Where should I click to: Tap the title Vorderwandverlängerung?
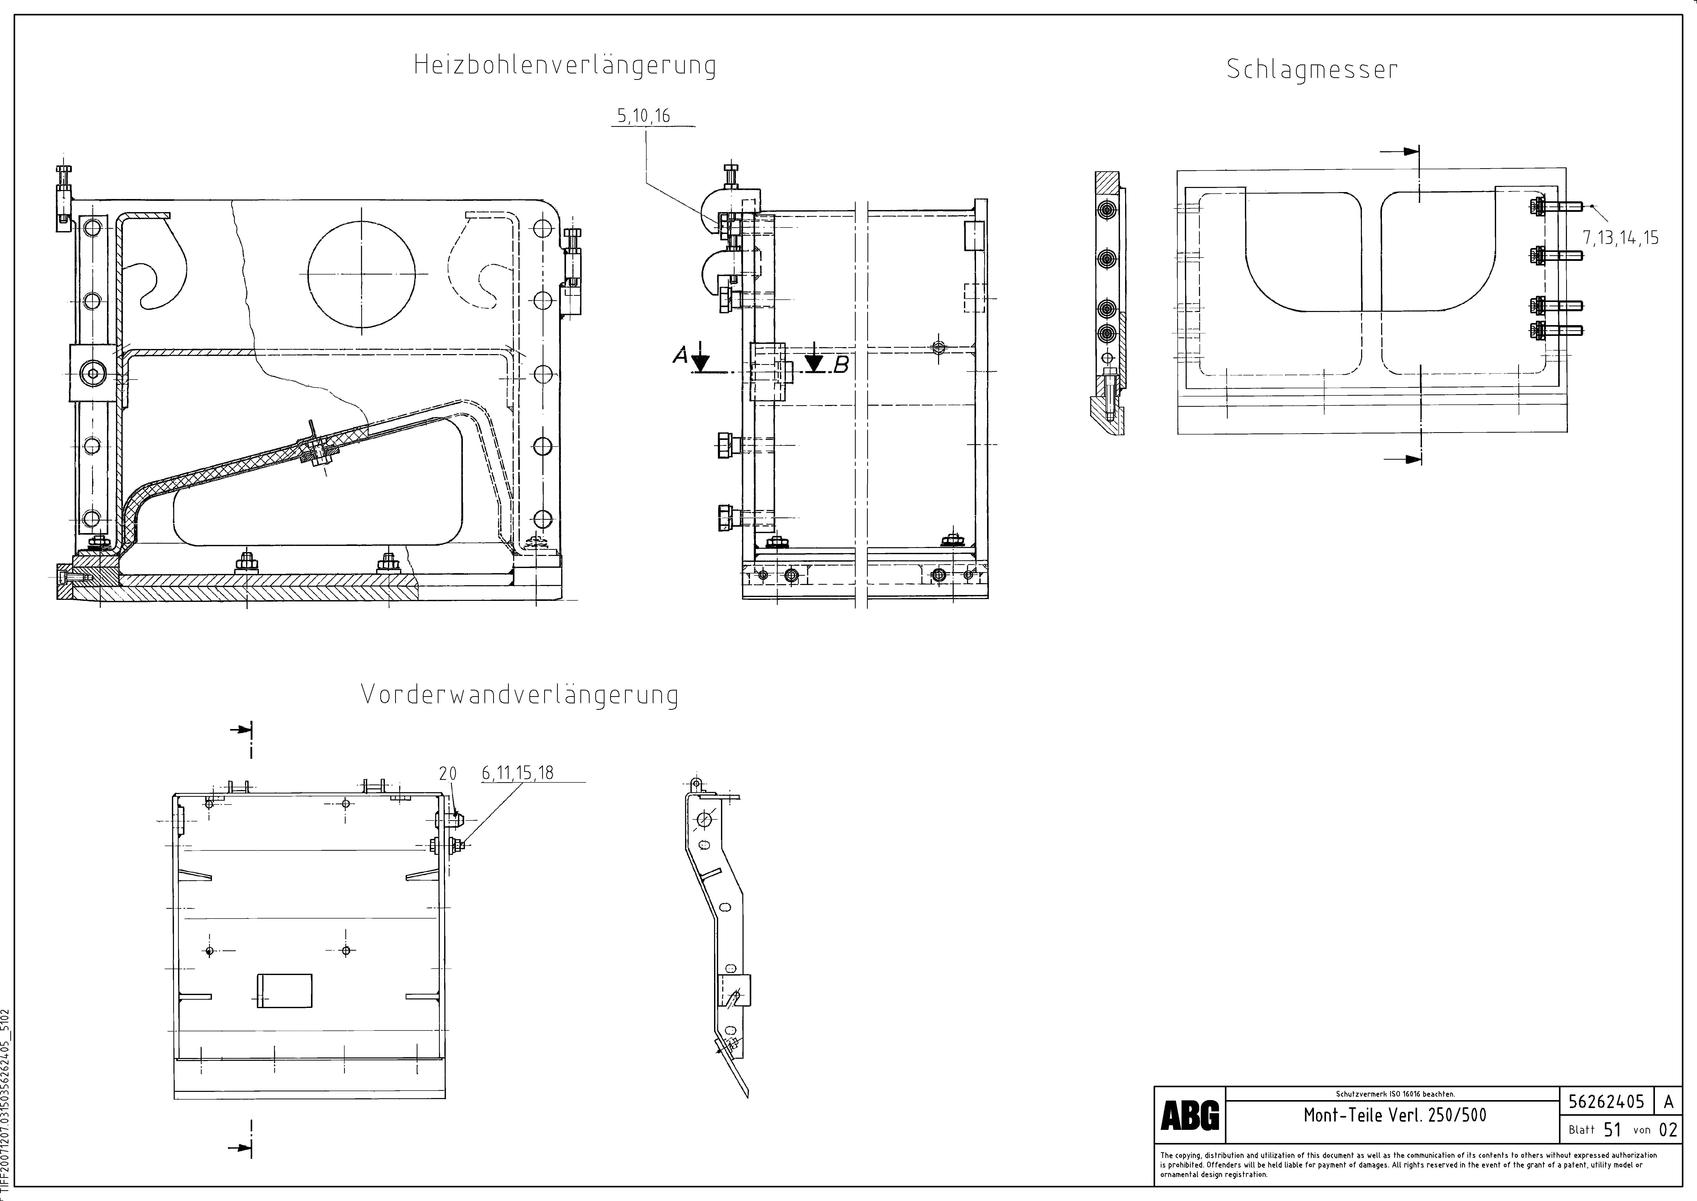(520, 695)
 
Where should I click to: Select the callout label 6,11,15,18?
(517, 773)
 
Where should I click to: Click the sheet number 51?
(1613, 1130)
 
